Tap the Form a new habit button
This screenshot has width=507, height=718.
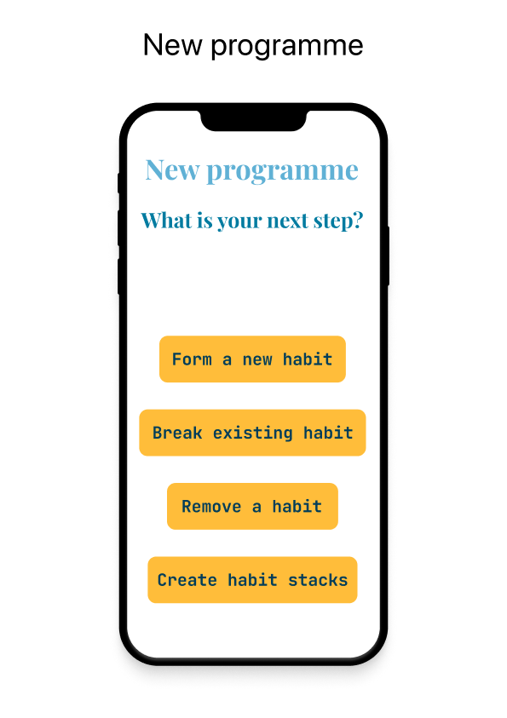(x=252, y=359)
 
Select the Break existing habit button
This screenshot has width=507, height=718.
(x=252, y=433)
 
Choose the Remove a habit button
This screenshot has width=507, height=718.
(x=252, y=507)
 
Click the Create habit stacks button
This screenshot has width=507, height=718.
(x=252, y=580)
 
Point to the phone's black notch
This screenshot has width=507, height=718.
(x=252, y=121)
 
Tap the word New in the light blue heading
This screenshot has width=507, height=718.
(x=172, y=169)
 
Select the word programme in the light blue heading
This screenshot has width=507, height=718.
(x=282, y=171)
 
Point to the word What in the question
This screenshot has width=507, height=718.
(x=164, y=221)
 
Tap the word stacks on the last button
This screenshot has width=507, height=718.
(x=318, y=580)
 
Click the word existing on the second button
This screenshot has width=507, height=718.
(x=253, y=433)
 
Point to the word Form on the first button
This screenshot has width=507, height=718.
(x=192, y=359)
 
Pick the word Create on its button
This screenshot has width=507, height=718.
(x=187, y=580)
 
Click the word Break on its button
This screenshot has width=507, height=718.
(x=178, y=433)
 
